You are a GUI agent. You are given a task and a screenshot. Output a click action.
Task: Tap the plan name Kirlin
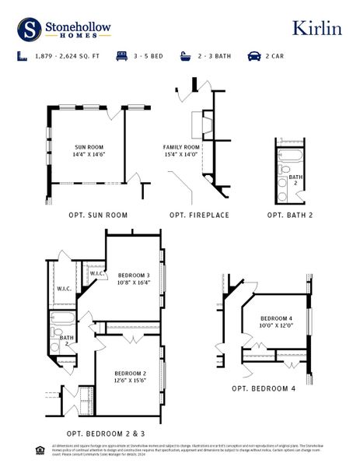316,28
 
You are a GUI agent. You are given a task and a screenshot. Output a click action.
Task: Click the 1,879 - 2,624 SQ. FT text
64,57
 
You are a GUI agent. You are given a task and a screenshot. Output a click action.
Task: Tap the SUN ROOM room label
90,147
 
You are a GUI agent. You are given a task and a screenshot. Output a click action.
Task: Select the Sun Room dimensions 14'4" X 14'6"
90,154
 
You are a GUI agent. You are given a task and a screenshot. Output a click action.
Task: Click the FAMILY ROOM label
181,147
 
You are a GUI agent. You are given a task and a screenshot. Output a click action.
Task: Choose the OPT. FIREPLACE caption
199,215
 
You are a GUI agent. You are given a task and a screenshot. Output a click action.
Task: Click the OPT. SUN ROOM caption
98,215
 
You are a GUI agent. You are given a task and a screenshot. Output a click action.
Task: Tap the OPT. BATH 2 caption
290,215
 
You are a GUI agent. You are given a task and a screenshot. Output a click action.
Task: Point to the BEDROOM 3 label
134,276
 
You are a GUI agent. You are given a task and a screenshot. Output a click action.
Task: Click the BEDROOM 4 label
276,318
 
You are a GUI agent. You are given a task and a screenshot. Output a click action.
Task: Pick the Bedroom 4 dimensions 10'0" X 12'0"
276,325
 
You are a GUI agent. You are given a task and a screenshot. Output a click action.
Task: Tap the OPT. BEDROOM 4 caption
264,388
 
